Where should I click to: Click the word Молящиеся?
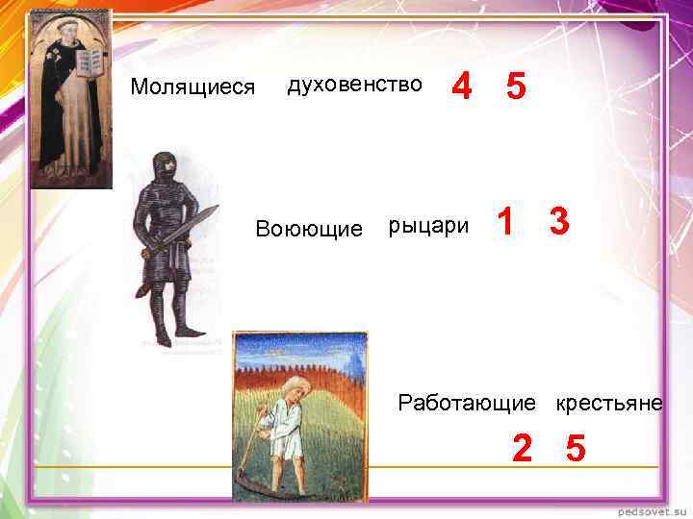tap(192, 87)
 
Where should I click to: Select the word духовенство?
tap(354, 84)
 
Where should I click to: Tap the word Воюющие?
tap(308, 229)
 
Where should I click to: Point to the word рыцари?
tap(428, 227)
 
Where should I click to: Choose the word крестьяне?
tap(608, 403)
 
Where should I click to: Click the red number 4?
tap(462, 87)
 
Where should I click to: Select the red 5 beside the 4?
tap(516, 87)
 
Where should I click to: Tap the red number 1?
tap(503, 223)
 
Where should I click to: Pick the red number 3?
tap(559, 223)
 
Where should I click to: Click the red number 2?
tap(522, 448)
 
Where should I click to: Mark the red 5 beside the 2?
tap(576, 448)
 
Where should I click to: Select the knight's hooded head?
tap(167, 165)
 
